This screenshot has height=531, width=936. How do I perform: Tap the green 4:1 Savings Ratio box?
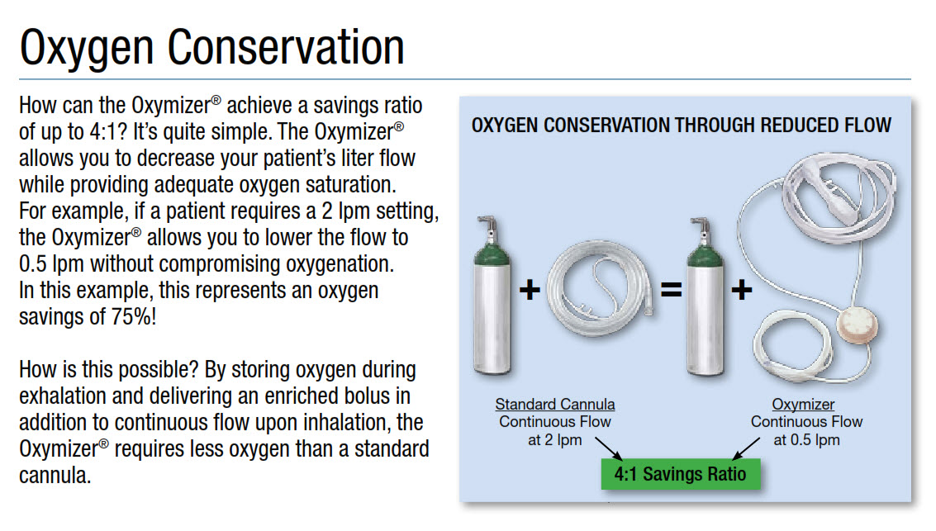point(680,474)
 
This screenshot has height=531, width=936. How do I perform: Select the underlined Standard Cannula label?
point(555,405)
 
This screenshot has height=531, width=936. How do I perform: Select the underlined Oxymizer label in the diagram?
point(803,405)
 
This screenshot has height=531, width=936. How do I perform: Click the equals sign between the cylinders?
point(671,291)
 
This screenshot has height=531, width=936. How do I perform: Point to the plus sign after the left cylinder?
point(530,291)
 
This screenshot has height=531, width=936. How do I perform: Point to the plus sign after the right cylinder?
point(741,291)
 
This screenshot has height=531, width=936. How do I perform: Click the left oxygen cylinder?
point(493,301)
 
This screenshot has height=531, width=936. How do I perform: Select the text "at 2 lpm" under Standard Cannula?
point(555,440)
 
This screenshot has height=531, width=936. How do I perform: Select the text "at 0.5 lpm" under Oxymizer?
point(806,440)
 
